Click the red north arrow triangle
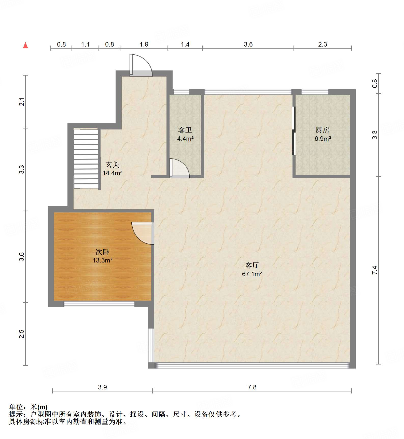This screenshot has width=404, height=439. coord(25,45)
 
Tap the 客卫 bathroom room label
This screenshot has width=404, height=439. coord(185,130)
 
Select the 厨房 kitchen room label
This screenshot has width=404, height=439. coord(323,130)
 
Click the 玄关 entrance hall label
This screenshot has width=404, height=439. coord(113,165)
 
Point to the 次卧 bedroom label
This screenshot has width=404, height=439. coord(102,252)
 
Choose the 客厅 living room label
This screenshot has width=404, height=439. coord(252,266)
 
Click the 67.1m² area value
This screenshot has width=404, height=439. coord(252,274)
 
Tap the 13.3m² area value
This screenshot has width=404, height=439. coord(102,260)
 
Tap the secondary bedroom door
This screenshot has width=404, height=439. coord(143,233)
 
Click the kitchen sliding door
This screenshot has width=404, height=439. coord(294,131)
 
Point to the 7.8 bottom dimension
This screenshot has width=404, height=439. coord(252,387)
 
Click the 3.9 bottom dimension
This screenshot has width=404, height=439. coord(102,387)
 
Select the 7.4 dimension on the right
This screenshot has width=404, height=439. coord(374,270)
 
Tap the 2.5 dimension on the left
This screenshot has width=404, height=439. coord(22,334)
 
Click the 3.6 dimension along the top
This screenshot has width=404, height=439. coord(248,44)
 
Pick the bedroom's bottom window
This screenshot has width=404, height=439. coord(99,304)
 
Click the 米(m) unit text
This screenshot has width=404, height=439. coord(39,407)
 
